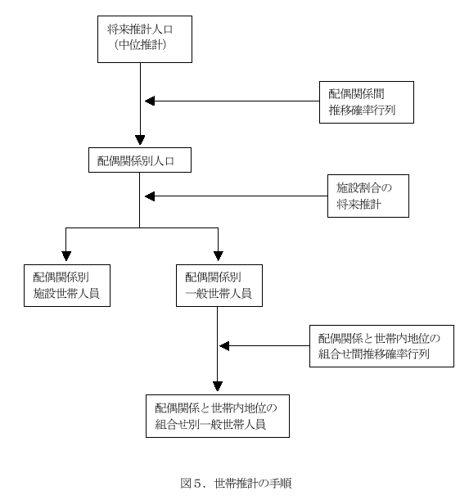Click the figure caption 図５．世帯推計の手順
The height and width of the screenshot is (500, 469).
[x=236, y=484]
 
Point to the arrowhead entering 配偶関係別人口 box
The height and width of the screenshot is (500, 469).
[x=140, y=140]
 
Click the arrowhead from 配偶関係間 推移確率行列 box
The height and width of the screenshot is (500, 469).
[x=150, y=101]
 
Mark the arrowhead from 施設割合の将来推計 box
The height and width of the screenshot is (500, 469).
[x=150, y=196]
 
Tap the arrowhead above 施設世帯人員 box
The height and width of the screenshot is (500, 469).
[x=66, y=256]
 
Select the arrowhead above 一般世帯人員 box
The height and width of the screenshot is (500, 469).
[x=219, y=256]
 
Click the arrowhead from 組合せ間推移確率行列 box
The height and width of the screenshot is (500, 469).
[x=224, y=345]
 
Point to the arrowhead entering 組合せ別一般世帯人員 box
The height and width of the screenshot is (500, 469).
[x=218, y=386]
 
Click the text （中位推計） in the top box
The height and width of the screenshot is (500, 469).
[x=141, y=45]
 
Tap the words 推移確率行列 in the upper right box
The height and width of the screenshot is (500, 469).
[x=362, y=110]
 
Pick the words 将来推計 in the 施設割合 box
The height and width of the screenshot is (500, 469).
[x=359, y=204]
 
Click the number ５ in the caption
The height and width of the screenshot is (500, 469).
[x=198, y=484]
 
